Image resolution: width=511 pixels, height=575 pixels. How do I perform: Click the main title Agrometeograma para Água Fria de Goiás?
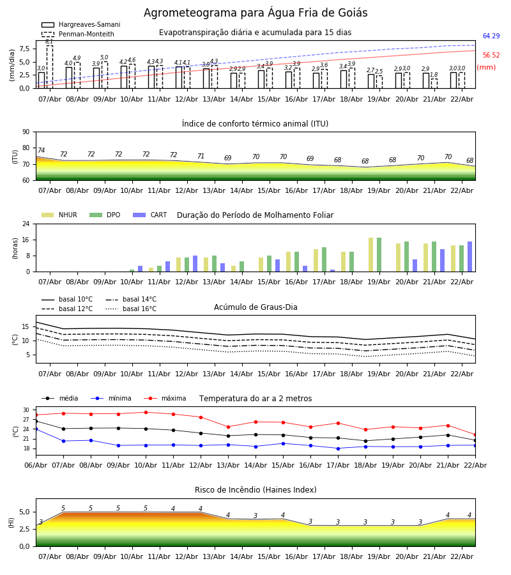tap(256, 13)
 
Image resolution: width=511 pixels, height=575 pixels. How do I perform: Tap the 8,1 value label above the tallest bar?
tap(49, 42)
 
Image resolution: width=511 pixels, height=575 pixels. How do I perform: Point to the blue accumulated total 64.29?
tap(491, 36)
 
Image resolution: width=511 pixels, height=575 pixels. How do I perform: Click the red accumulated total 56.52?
tap(491, 56)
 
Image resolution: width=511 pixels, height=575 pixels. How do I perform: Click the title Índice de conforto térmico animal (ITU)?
tap(255, 124)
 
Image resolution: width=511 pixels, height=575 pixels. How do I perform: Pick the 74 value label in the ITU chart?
tap(41, 151)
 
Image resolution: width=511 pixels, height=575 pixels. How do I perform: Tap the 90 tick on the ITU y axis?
tap(26, 132)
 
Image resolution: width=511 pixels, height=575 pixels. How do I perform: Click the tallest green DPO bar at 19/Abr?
tap(379, 254)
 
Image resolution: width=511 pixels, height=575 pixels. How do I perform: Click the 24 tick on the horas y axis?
tap(26, 224)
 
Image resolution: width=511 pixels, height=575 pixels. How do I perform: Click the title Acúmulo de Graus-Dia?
tap(256, 307)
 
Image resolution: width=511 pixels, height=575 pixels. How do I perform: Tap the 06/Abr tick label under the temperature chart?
tap(36, 464)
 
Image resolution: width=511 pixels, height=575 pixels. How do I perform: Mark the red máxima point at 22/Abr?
tap(475, 434)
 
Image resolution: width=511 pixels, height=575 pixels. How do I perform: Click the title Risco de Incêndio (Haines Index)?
tap(256, 490)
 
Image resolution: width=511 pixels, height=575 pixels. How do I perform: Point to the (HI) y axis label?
tap(11, 523)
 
